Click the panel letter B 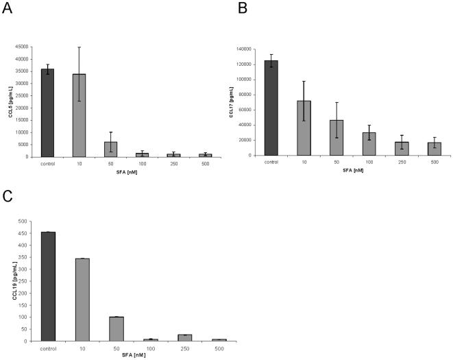click(x=242, y=9)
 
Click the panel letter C click(x=8, y=198)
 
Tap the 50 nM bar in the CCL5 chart click(x=110, y=149)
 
